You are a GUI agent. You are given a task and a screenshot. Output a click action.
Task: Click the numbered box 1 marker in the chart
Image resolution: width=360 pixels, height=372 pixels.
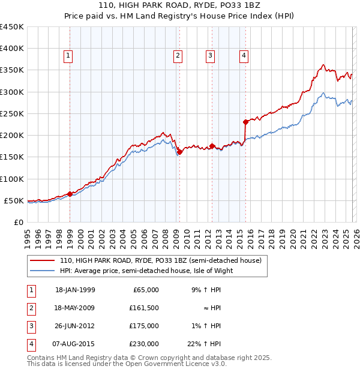68,56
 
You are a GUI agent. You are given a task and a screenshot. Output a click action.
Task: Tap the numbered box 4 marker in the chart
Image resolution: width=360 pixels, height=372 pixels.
244,56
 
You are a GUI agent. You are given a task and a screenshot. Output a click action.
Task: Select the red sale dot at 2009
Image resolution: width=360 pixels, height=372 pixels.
179,152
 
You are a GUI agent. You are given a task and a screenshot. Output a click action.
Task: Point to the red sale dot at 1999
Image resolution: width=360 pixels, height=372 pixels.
70,194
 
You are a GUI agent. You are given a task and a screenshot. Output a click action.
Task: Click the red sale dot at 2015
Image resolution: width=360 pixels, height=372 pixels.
245,122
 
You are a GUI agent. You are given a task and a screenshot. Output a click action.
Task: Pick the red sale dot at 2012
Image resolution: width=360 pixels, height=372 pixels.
212,146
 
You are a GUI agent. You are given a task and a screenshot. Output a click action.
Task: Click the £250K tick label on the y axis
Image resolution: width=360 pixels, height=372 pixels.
12,113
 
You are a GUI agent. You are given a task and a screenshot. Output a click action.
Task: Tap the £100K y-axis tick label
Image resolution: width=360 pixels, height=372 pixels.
12,179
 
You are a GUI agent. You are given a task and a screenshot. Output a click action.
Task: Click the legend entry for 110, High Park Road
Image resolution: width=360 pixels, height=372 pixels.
160,261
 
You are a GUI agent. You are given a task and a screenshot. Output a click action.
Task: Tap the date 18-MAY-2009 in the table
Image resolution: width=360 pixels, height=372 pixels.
75,308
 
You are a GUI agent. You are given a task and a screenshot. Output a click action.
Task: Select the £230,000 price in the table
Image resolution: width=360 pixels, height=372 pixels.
145,344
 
